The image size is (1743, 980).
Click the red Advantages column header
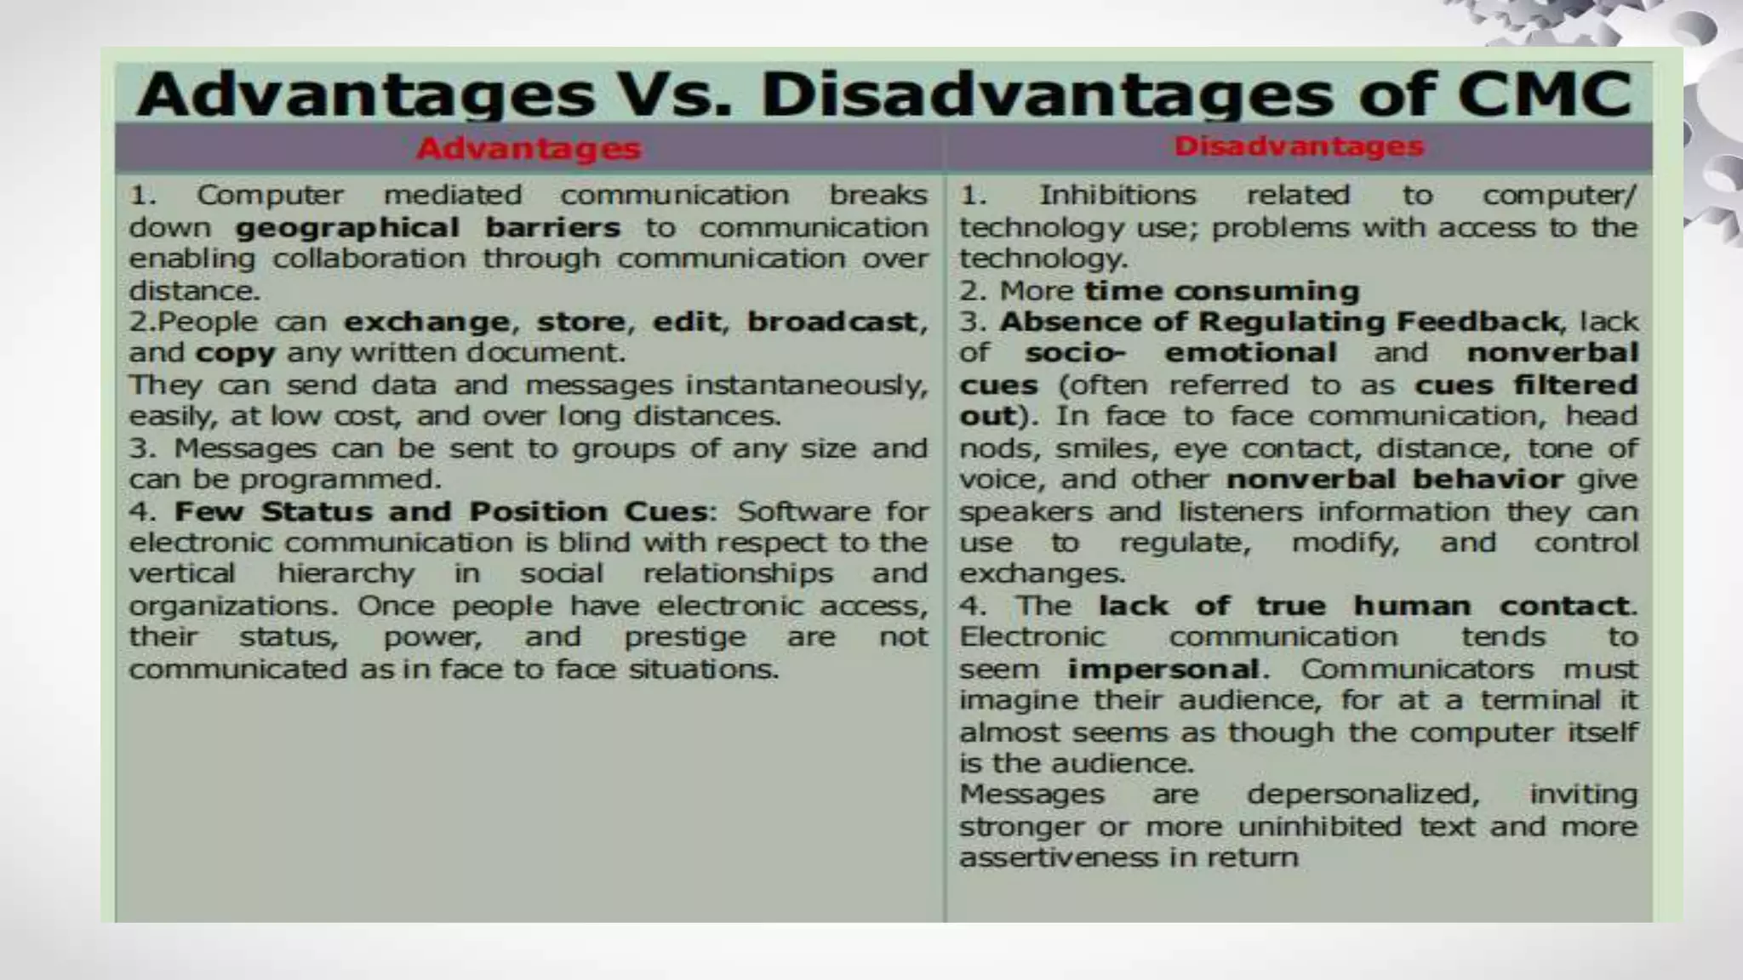pos(528,149)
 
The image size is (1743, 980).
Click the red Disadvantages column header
pos(1299,146)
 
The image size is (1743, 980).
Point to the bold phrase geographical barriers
pos(427,228)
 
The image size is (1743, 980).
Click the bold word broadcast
pos(833,322)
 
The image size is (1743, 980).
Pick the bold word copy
pos(235,353)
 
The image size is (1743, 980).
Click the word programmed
pos(340,480)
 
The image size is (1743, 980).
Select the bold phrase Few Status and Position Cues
pos(441,511)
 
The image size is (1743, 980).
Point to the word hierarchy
pos(346,573)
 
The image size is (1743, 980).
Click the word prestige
pos(685,637)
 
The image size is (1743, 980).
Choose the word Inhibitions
pos(1117,195)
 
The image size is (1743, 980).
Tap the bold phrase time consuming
pos(1221,291)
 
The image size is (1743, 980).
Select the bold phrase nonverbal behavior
pos(1394,480)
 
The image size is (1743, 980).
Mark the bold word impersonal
pos(1163,669)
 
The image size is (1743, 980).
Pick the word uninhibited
pos(1319,827)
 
